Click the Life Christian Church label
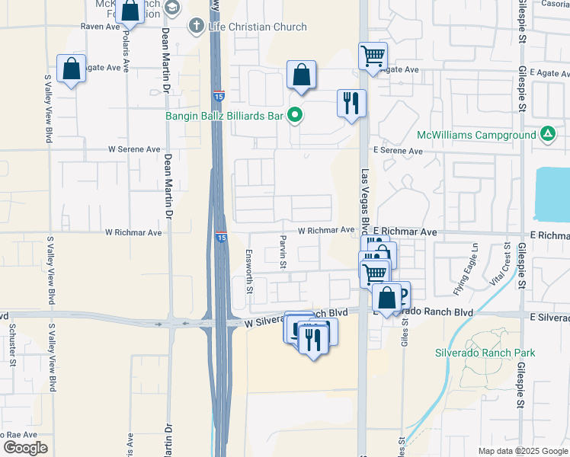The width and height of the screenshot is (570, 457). (257, 27)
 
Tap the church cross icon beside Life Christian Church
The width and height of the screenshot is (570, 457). (197, 27)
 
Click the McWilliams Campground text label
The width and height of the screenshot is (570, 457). (476, 136)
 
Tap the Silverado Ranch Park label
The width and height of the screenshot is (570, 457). (485, 353)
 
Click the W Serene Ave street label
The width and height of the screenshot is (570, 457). (134, 149)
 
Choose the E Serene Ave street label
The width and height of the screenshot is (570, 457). (397, 151)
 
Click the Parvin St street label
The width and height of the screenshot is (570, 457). (282, 252)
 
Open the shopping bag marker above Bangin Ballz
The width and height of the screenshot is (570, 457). (302, 75)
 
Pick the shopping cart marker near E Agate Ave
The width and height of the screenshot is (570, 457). (373, 56)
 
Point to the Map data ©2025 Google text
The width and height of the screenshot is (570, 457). (522, 451)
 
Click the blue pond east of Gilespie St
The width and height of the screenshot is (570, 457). (552, 190)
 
